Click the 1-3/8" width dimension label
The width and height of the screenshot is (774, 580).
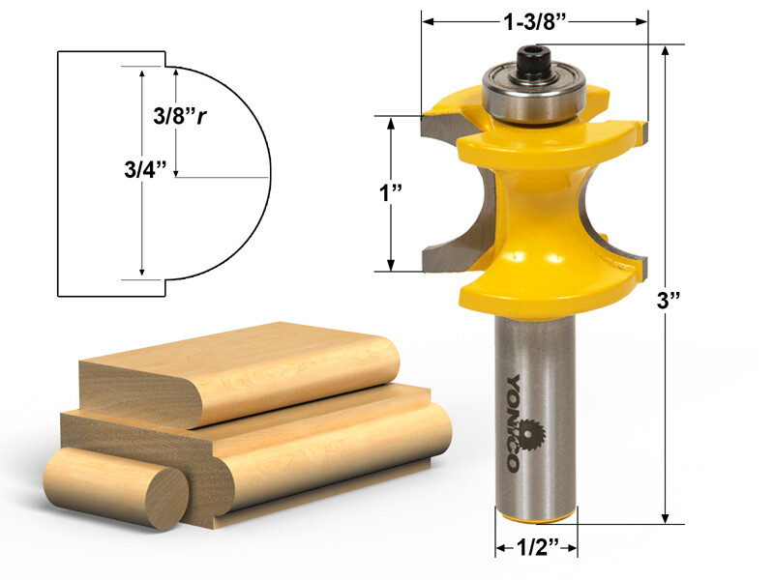tap(535, 22)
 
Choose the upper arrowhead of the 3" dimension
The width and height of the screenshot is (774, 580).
tap(667, 52)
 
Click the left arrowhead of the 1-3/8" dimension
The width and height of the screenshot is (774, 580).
tap(427, 22)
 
